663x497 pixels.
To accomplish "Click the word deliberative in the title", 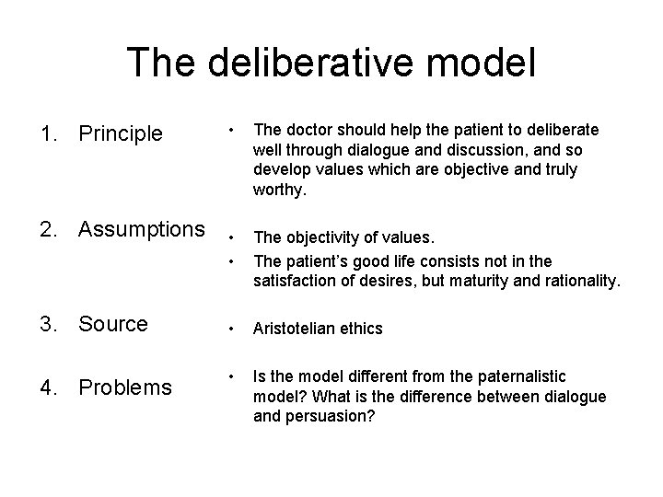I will tap(316, 62).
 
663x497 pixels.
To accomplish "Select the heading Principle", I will tap(121, 134).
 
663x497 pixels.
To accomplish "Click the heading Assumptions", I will tap(142, 227).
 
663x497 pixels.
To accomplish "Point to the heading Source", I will tap(113, 324).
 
